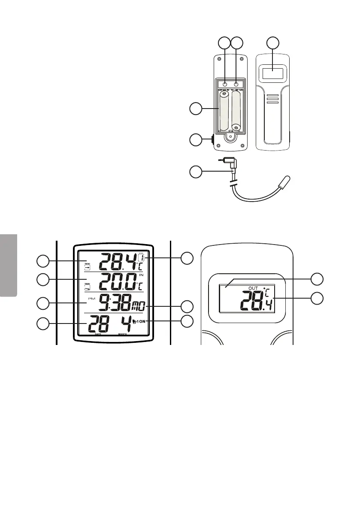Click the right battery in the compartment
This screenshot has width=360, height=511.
pos(236,110)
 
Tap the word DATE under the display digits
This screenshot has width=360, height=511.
pos(98,334)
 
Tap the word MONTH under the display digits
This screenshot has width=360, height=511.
pos(122,334)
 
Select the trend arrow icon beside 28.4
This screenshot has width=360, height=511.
pos(88,266)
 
